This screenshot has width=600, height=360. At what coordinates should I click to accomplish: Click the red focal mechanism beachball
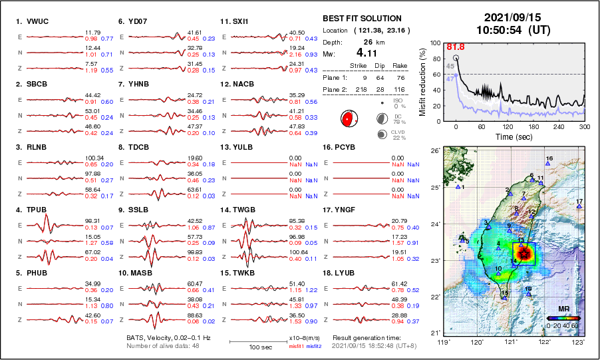(347, 120)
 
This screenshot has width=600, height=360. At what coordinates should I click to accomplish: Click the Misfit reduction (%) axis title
(423, 81)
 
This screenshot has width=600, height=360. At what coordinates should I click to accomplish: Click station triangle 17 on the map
(579, 206)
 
